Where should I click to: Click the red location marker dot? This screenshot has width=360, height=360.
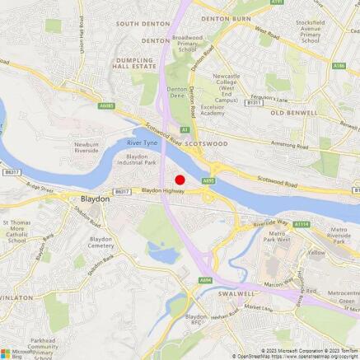(x=180, y=179)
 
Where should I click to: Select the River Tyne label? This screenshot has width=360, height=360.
(x=141, y=143)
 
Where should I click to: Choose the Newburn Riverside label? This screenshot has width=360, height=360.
(x=86, y=148)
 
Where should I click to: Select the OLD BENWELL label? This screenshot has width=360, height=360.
(x=292, y=112)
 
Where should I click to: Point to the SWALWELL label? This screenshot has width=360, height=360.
(x=222, y=292)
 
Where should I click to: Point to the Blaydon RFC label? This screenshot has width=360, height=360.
(x=196, y=319)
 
